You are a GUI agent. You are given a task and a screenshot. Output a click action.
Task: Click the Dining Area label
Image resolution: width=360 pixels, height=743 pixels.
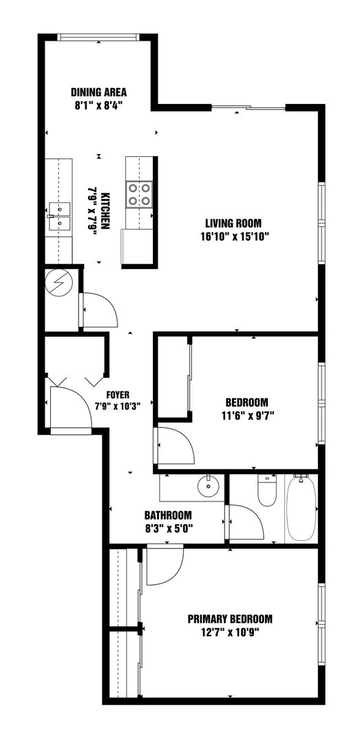point(98,92)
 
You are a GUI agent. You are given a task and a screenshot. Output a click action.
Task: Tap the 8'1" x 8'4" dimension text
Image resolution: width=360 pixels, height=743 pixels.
point(98,105)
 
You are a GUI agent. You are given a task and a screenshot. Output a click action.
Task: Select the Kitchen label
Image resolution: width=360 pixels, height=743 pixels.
point(106,211)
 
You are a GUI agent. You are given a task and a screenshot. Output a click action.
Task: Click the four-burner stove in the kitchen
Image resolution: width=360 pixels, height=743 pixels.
point(140,195)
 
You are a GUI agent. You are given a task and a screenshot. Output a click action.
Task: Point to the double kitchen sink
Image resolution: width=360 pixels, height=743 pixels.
point(60,215)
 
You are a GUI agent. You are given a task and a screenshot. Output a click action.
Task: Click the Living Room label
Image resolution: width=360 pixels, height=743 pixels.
point(233,223)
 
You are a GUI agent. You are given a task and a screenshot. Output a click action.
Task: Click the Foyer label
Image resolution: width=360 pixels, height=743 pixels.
point(118,394)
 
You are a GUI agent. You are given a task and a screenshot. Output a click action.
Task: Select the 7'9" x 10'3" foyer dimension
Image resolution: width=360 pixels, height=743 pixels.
point(118,407)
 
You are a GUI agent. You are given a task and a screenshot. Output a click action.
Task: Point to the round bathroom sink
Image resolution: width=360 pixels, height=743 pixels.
point(208,486)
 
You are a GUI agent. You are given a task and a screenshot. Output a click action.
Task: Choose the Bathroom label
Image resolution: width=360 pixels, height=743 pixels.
point(168,515)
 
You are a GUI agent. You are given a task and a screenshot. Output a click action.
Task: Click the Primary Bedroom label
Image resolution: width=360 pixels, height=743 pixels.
point(230,619)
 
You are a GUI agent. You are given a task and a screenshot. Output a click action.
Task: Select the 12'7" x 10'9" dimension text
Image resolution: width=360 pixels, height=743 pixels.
point(230,632)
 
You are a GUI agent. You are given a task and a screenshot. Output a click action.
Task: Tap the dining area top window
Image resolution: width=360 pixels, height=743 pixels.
point(98,37)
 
